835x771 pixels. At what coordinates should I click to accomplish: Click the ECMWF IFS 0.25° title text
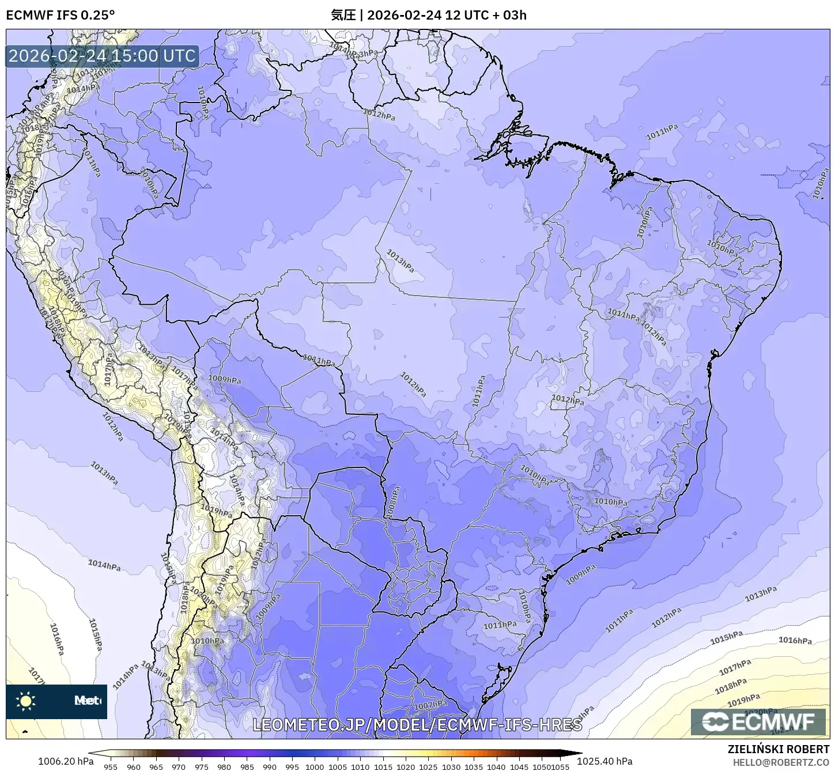tap(60, 15)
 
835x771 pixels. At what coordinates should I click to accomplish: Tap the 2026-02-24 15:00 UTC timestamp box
tap(102, 56)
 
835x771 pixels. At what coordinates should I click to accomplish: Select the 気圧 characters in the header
tap(343, 15)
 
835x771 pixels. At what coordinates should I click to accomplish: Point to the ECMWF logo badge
tap(758, 721)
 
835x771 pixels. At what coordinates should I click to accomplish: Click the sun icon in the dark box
tap(26, 701)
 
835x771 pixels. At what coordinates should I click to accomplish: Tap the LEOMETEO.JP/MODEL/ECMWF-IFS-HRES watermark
tap(417, 724)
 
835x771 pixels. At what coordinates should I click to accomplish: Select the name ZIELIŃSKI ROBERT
tap(778, 750)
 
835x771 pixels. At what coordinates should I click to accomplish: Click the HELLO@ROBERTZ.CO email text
tap(781, 762)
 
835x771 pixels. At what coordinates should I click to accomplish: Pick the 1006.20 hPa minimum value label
tap(65, 761)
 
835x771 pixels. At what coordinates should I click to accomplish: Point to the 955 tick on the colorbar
tap(111, 766)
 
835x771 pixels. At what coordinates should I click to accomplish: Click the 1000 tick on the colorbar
tap(315, 766)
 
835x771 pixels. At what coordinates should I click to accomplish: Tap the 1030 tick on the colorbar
tap(451, 766)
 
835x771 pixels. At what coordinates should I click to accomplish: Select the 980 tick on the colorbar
tap(224, 766)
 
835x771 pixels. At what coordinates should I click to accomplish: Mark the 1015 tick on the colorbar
tap(383, 766)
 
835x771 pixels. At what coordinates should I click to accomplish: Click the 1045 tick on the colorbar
tap(519, 766)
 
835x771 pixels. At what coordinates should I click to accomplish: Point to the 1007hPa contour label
tap(430, 705)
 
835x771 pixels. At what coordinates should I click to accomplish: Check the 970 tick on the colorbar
tap(179, 766)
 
